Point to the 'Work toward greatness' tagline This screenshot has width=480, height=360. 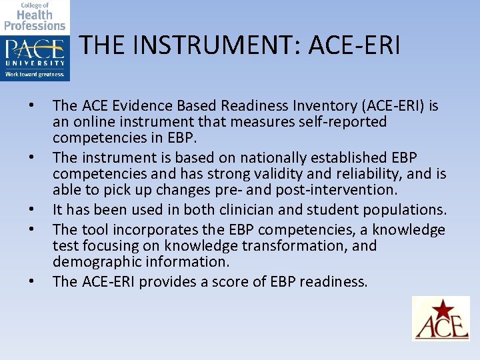(x=35, y=75)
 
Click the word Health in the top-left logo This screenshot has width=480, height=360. (x=35, y=15)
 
